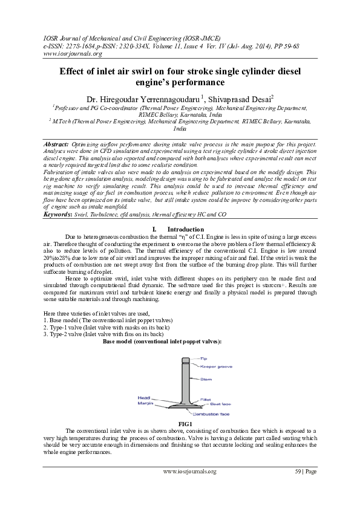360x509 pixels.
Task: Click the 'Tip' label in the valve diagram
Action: (x=204, y=358)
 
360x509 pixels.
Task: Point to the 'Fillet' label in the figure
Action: (x=206, y=400)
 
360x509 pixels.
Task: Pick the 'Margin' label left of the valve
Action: (x=145, y=403)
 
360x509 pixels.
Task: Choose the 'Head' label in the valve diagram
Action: (x=144, y=397)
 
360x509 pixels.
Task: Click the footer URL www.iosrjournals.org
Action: (x=189, y=488)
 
